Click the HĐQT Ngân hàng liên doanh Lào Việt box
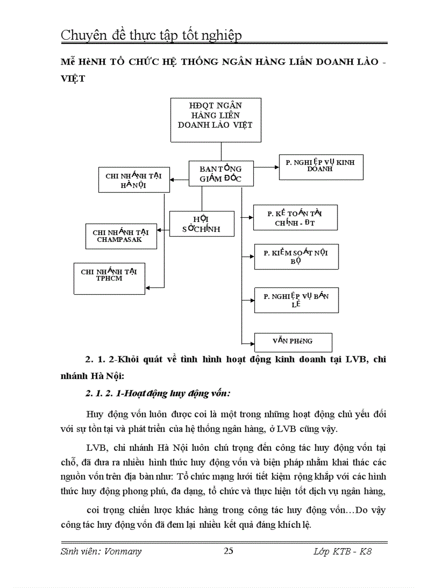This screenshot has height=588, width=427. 215,119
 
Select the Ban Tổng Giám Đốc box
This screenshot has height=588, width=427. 221,173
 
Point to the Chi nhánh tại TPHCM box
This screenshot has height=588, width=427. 109,278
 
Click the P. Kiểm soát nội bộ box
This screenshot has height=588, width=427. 296,257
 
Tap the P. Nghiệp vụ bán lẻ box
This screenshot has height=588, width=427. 296,300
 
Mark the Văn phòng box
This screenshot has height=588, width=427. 293,341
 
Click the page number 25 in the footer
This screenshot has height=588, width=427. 229,550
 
